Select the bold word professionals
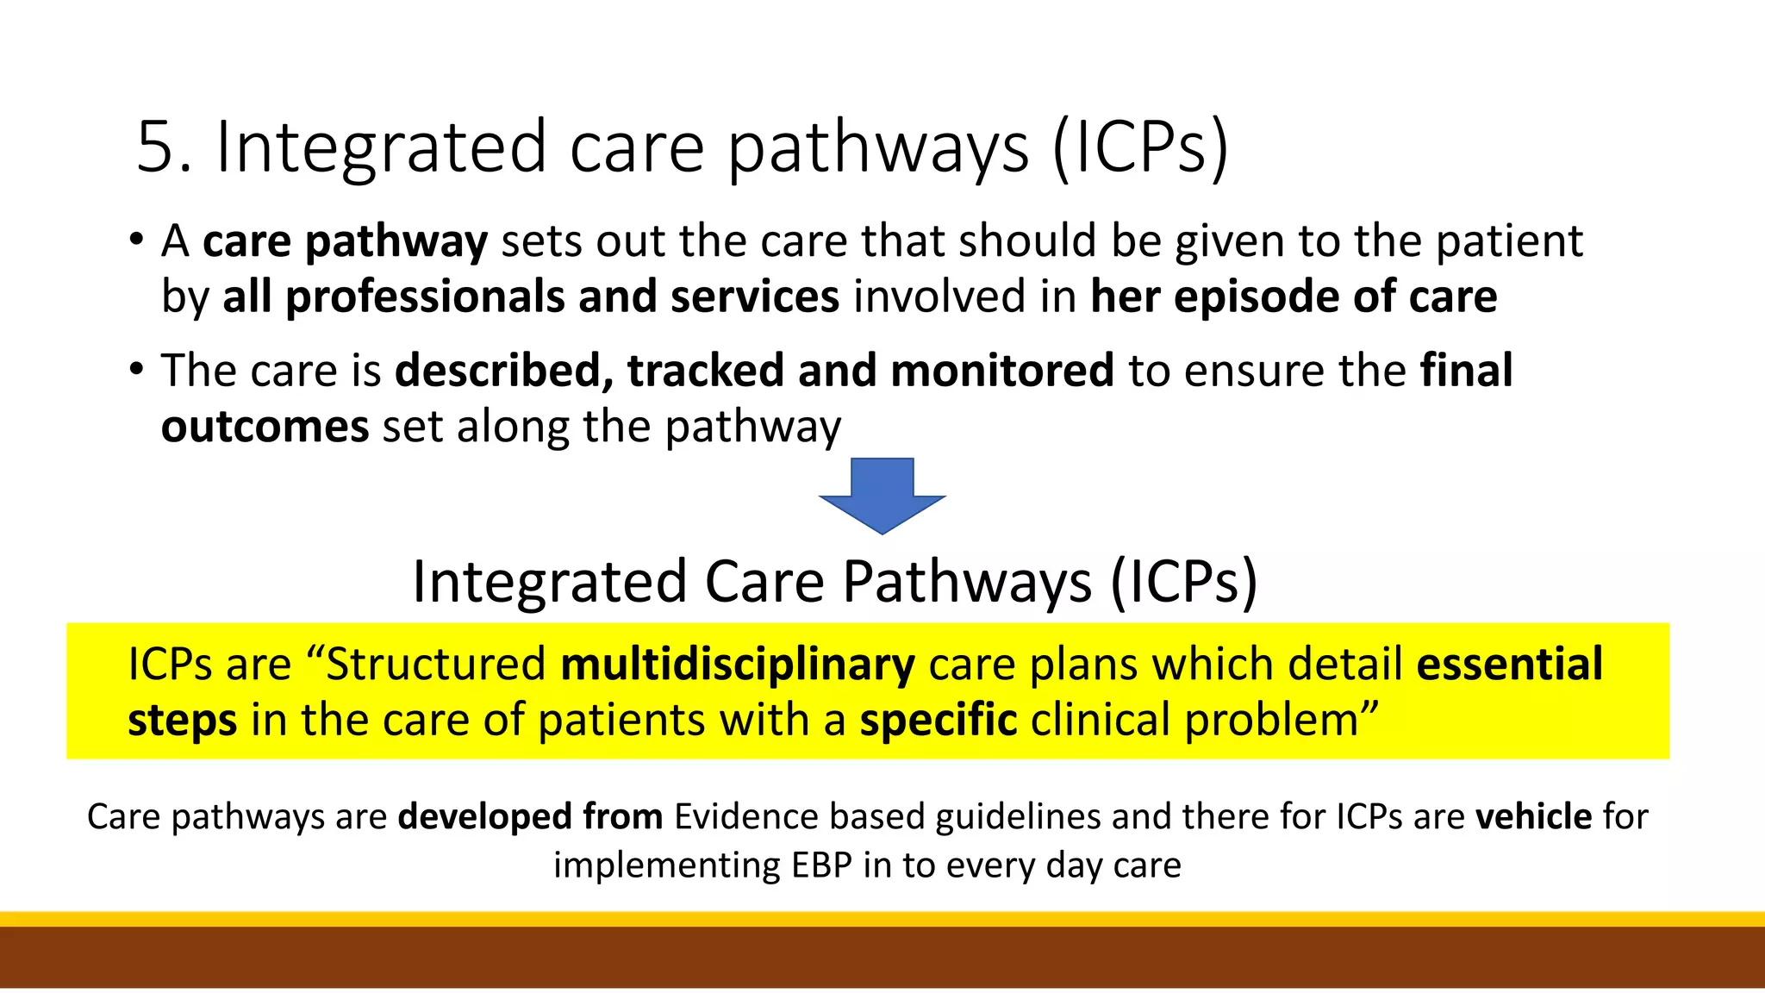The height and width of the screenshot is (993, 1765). tap(425, 297)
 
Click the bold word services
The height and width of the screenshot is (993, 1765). tap(754, 297)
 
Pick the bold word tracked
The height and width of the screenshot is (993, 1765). tap(705, 371)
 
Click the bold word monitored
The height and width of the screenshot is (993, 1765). tap(1001, 371)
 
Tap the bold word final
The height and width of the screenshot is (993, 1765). tap(1466, 371)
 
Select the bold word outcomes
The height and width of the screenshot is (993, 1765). tap(265, 428)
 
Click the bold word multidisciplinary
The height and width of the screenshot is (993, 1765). tap(738, 665)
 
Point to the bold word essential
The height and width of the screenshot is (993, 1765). tap(1509, 665)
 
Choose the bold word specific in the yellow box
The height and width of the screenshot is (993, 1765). tap(938, 721)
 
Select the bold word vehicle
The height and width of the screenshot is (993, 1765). tap(1533, 816)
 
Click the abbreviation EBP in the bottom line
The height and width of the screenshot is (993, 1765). tap(822, 865)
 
